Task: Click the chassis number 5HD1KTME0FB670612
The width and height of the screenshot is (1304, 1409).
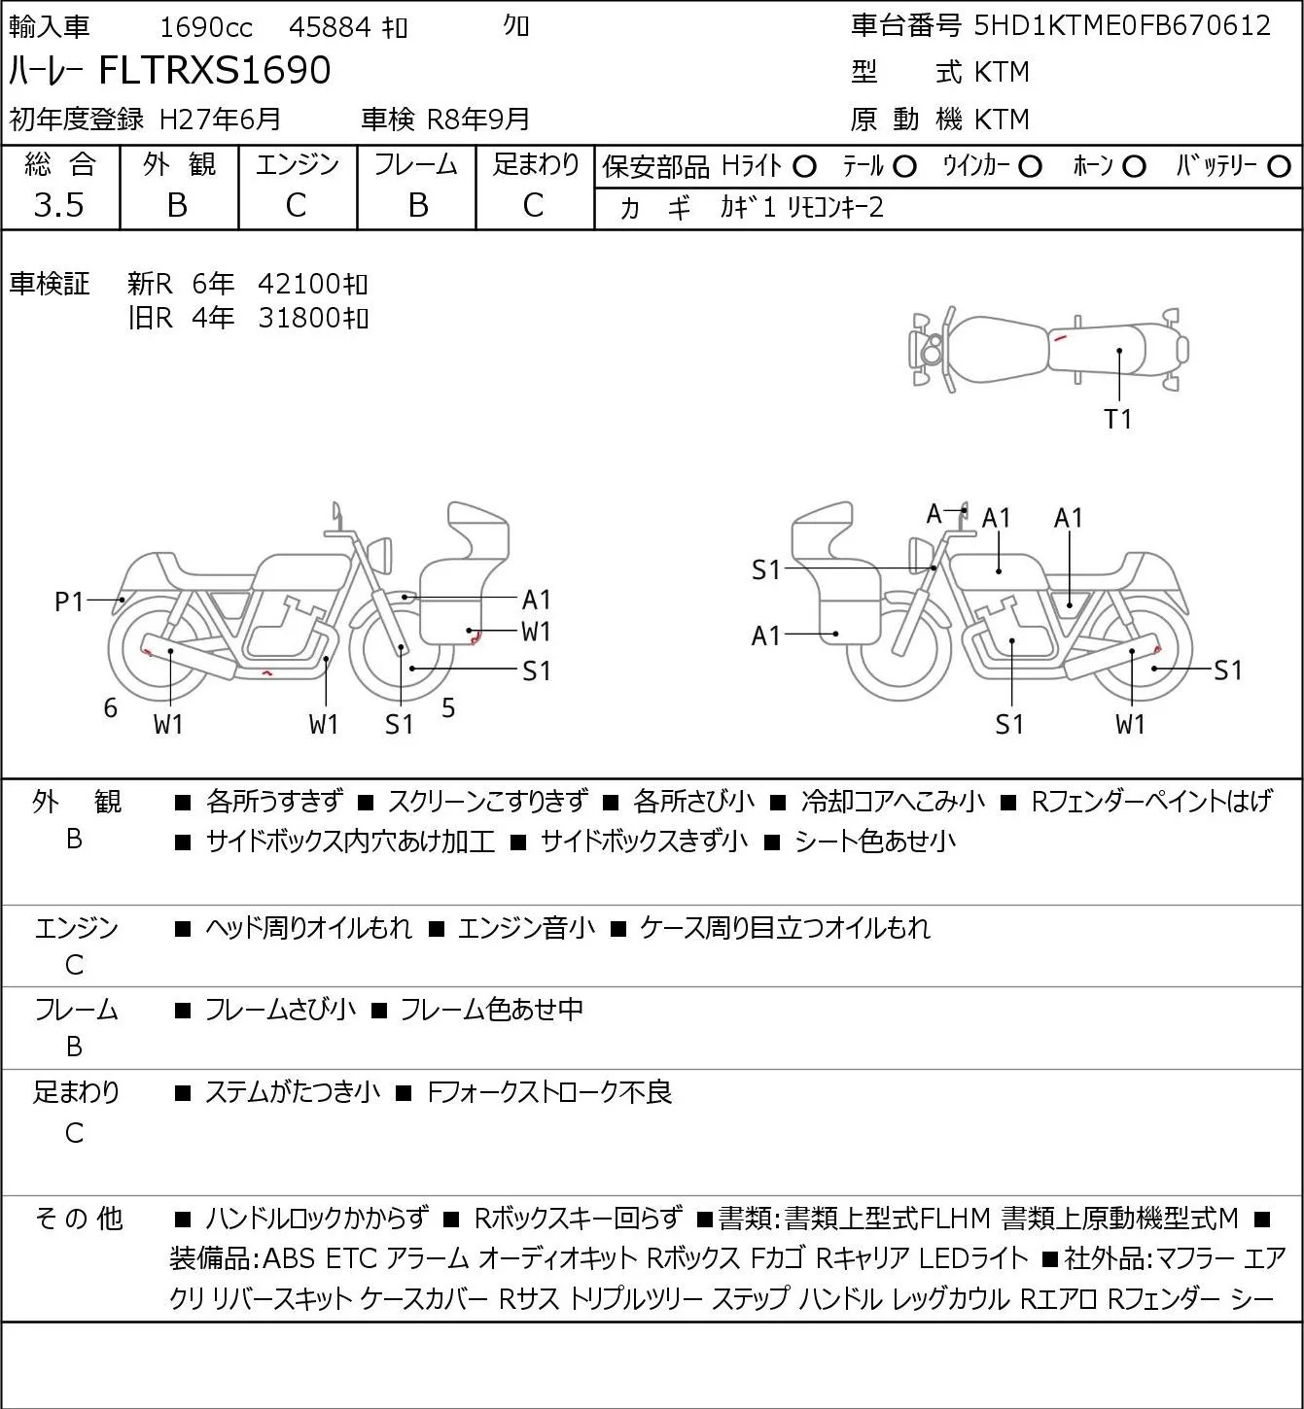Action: pos(1121,25)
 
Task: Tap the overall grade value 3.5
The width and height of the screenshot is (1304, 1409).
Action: pos(59,205)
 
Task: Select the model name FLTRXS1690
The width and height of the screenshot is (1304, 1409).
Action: pos(215,70)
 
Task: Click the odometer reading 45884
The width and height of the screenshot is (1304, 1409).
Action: pos(330,27)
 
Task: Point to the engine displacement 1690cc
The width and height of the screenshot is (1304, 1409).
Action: pos(206,27)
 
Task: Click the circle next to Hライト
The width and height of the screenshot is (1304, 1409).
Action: pos(804,167)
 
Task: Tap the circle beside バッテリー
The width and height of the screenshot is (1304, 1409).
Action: pos(1279,167)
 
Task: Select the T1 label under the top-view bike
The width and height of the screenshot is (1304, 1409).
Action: pos(1118,419)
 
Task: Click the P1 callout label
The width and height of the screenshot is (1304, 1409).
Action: pos(70,601)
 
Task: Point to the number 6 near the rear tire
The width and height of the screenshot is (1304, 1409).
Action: pos(110,707)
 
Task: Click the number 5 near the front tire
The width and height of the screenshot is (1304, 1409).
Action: pos(448,707)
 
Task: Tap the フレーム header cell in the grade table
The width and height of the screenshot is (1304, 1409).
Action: pos(416,164)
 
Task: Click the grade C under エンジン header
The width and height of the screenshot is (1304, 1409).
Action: pos(297,205)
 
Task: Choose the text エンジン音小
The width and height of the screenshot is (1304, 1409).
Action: pos(526,928)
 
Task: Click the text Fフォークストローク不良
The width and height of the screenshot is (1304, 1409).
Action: pos(549,1092)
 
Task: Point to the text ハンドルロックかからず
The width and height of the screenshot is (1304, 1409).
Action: pos(317,1219)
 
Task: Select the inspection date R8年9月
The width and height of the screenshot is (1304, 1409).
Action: pos(477,120)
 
